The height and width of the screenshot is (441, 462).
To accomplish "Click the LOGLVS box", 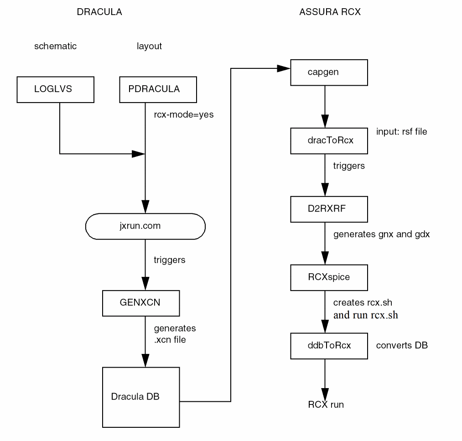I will [x=55, y=89].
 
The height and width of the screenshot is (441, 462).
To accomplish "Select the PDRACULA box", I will [x=158, y=89].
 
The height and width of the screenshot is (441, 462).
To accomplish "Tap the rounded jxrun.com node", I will [x=145, y=226].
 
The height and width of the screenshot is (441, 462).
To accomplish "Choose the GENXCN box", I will [x=141, y=303].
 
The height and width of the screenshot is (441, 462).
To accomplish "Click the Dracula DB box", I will [x=141, y=397].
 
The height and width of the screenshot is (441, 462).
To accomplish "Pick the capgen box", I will [x=329, y=72].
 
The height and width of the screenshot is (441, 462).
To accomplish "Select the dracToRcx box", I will [x=329, y=140].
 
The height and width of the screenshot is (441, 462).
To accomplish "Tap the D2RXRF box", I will [x=329, y=209].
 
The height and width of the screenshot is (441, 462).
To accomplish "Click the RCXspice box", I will [x=329, y=277].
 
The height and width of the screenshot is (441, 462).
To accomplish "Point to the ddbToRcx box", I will [x=329, y=346].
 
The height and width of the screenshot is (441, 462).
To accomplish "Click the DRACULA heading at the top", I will [x=99, y=12].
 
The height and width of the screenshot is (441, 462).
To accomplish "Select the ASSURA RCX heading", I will [x=330, y=12].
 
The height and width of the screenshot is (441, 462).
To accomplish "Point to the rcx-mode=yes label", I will [x=183, y=115].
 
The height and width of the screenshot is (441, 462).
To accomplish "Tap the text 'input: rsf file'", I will [x=401, y=132].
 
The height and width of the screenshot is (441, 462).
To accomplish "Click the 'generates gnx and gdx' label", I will [x=381, y=234].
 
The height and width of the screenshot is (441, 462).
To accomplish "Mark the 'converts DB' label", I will [x=402, y=346].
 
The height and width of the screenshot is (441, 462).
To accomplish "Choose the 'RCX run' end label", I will [x=326, y=405].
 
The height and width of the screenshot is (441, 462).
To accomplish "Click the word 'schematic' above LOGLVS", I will [x=55, y=46].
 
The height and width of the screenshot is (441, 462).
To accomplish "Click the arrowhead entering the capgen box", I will [x=284, y=68].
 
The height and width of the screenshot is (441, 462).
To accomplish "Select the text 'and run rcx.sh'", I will [x=365, y=315].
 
